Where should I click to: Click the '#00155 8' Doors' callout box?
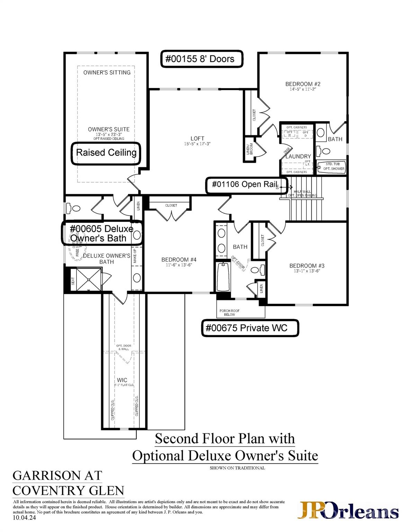pos(201,59)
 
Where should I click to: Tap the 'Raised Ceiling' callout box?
pos(106,153)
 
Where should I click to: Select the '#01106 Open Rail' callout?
pos(246,185)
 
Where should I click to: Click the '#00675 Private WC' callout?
pos(250,328)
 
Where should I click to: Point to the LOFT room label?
pos(197,138)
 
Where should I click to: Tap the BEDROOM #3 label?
pos(307,266)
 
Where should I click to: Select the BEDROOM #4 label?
pos(179,259)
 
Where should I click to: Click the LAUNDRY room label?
pos(298,156)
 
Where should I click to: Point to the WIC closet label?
pos(122,380)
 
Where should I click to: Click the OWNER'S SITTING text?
pos(107,72)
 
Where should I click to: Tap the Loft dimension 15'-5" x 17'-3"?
pos(197,144)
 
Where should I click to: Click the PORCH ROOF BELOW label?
pos(229,312)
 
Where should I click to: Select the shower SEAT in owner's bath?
pos(73,281)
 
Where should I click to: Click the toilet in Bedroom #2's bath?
pos(325,151)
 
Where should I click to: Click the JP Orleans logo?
pos(348,511)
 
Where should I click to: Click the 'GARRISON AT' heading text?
pos(57,476)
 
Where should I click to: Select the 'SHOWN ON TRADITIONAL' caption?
pos(237,468)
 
